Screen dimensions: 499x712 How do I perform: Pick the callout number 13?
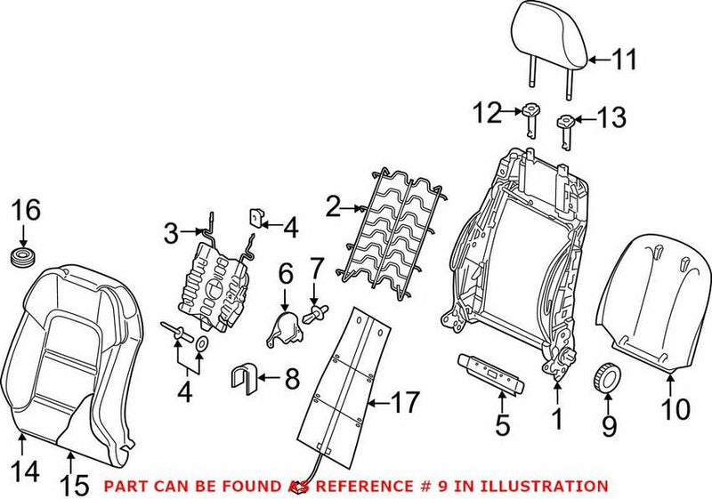(x=611, y=117)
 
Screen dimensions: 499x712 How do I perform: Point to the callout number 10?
(x=676, y=409)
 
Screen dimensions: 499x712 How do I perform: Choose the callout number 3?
(x=172, y=234)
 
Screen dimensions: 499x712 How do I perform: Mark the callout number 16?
(x=26, y=211)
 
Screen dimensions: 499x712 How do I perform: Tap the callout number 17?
(x=405, y=405)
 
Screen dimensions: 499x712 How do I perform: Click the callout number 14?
(x=27, y=471)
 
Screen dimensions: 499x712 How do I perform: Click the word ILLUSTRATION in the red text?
(x=544, y=486)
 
